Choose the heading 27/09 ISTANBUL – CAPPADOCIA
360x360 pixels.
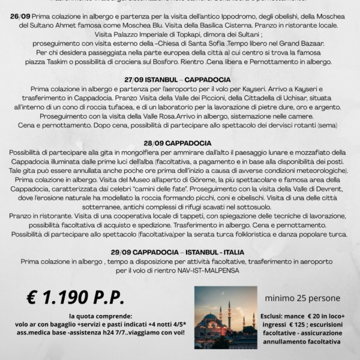coord(180,79)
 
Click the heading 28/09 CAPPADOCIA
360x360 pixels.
coord(180,143)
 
